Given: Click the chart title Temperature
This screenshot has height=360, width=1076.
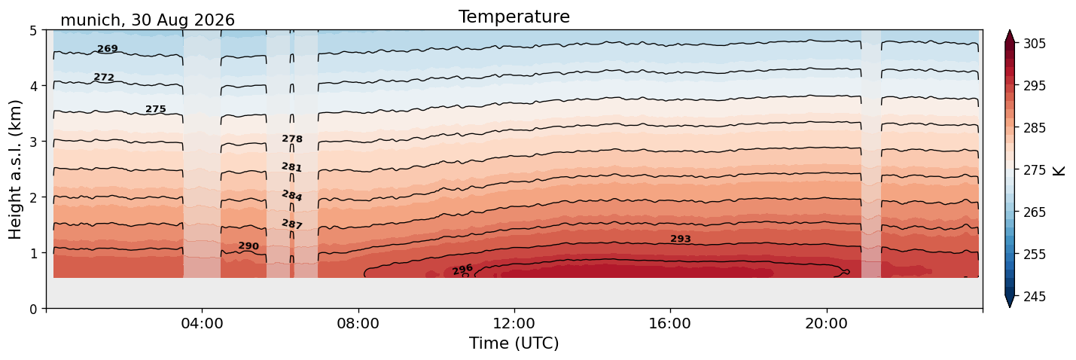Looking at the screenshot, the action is tap(514, 17).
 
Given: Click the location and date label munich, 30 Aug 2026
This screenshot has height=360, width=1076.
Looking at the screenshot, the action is tap(148, 20).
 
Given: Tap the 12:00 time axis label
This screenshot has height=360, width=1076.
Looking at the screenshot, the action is tap(514, 323).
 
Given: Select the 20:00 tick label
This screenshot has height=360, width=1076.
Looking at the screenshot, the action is tap(826, 323).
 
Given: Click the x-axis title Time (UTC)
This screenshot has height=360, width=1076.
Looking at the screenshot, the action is tap(514, 343).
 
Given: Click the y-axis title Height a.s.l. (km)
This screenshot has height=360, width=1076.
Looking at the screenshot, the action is tap(15, 169).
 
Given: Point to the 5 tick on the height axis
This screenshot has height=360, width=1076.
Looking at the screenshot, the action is tap(33, 30).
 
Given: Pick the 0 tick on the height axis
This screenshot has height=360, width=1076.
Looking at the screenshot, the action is tap(33, 309).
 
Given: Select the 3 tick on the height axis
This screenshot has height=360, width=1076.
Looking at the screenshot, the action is tap(33, 142).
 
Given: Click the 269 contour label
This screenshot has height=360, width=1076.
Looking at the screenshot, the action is tap(108, 48).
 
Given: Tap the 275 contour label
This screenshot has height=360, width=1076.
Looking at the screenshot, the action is tap(156, 109).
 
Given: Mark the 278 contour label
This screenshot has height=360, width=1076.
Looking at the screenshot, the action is tap(292, 139).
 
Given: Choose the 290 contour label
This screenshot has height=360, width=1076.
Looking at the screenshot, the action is tap(248, 246).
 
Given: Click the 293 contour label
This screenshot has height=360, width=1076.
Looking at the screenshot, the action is tap(681, 239).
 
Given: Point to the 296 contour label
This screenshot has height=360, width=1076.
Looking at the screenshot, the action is tap(463, 270).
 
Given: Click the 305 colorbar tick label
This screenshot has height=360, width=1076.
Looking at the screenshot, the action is tap(1035, 44).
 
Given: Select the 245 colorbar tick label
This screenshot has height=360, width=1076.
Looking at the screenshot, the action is tap(1035, 297).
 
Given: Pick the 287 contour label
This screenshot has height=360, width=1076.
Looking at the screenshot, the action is tap(292, 224).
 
